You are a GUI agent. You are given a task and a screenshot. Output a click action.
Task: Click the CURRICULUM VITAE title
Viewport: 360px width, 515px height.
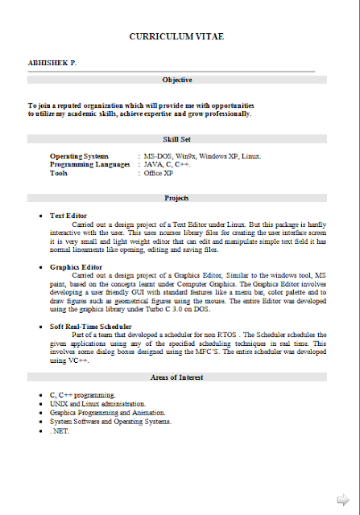(176, 37)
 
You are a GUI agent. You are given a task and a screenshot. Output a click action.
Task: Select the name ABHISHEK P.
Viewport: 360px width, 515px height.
(53, 62)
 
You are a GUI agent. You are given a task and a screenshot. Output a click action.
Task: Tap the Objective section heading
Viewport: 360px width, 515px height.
(176, 80)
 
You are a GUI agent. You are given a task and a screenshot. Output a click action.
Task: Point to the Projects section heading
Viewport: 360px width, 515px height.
(176, 198)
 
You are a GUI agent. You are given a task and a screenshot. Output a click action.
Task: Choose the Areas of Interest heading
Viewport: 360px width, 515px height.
(176, 377)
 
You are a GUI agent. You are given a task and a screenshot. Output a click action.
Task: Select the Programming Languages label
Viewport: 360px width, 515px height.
(89, 164)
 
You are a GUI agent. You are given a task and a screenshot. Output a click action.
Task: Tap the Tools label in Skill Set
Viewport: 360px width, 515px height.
(59, 173)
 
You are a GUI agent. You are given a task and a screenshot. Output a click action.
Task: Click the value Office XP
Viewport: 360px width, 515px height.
(159, 173)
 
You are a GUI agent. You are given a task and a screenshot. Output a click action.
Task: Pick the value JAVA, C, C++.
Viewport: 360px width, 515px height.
(167, 164)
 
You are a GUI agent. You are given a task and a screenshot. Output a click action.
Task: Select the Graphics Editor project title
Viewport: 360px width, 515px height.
(76, 266)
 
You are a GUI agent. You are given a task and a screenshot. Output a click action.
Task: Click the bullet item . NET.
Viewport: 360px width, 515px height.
(60, 431)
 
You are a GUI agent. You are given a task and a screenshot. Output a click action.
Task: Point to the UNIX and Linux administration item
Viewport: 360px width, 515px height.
(97, 403)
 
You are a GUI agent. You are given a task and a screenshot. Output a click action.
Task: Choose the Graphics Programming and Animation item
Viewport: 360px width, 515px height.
(109, 412)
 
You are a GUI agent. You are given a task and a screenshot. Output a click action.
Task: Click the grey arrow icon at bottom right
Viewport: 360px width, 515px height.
(343, 498)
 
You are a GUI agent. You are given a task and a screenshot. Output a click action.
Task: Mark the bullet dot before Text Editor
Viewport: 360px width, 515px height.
(40, 216)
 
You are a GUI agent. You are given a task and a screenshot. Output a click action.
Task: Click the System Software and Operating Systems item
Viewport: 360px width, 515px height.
(110, 421)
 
